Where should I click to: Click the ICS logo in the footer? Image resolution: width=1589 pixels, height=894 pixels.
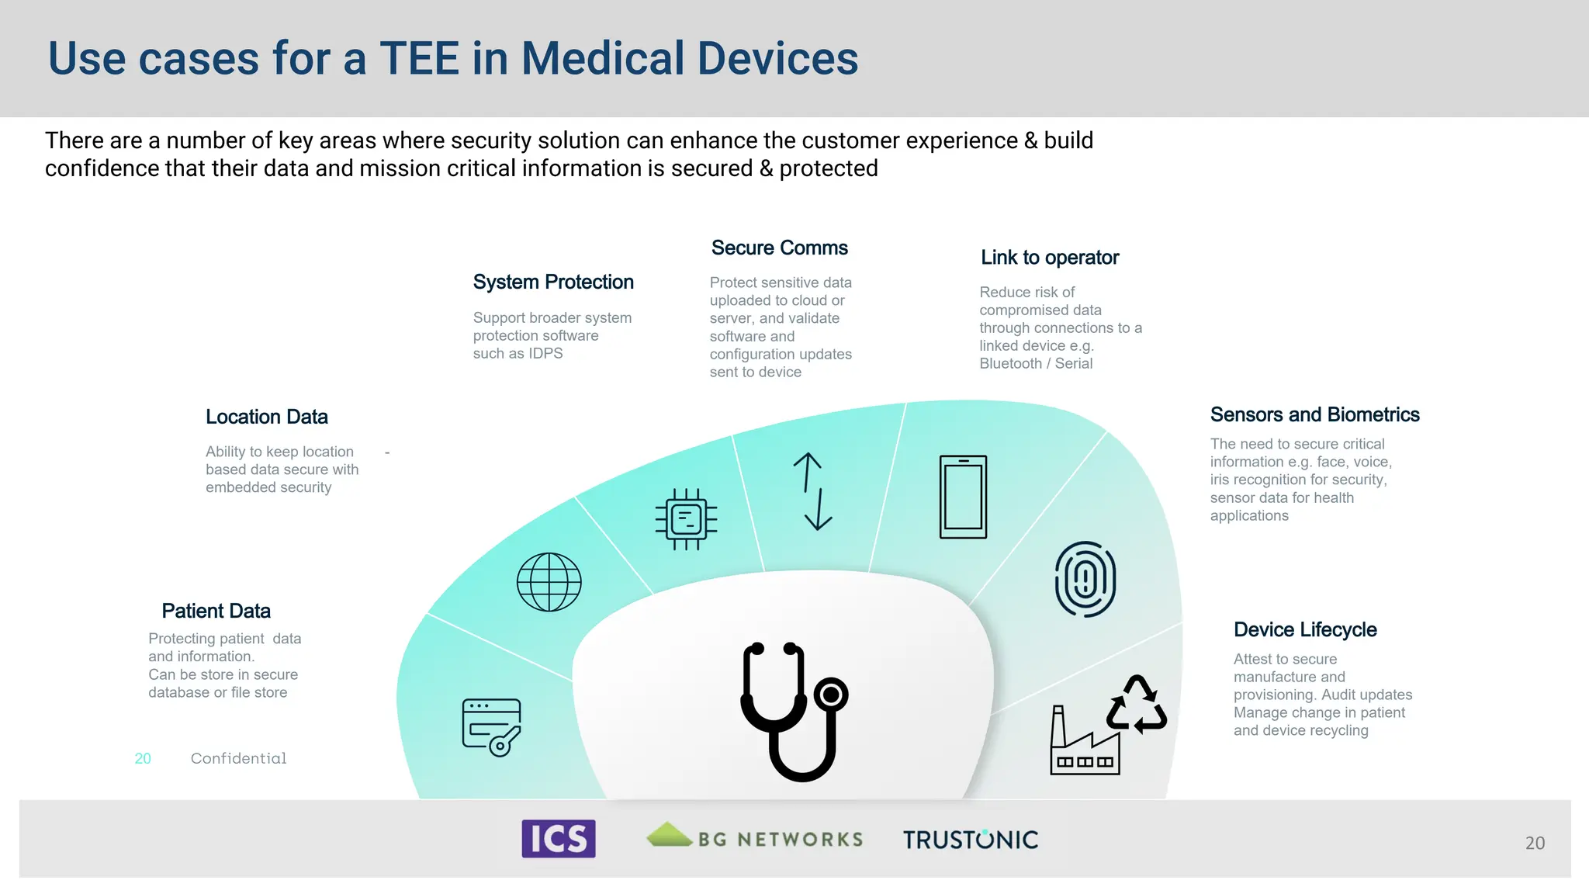(x=559, y=839)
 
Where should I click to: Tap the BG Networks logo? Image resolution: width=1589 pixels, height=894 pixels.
(x=754, y=838)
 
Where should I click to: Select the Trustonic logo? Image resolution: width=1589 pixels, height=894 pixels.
(x=970, y=840)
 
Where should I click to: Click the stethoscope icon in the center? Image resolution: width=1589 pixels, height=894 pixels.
(x=794, y=710)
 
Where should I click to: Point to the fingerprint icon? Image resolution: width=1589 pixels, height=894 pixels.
(x=1085, y=579)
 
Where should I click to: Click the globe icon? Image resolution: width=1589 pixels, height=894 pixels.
(x=549, y=582)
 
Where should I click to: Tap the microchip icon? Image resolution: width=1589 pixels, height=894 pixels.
(x=686, y=519)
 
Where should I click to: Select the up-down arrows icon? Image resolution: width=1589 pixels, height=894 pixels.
(x=812, y=491)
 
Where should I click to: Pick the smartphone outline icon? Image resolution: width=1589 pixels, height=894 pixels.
(x=963, y=497)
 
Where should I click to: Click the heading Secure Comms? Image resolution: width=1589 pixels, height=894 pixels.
(x=779, y=248)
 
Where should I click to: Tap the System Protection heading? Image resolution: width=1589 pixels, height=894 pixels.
(x=553, y=282)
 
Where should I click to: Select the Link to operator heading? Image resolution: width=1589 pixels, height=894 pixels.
(x=1050, y=258)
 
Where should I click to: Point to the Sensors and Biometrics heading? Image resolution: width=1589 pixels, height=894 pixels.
(x=1314, y=415)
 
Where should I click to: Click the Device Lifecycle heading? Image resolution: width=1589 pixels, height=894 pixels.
(x=1305, y=630)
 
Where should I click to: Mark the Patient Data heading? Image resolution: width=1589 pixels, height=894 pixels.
(x=216, y=612)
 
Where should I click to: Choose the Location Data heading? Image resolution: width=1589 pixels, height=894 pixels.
(x=267, y=418)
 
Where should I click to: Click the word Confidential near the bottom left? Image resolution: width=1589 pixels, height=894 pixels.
(x=239, y=758)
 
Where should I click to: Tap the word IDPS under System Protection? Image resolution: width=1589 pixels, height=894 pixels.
(x=545, y=354)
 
